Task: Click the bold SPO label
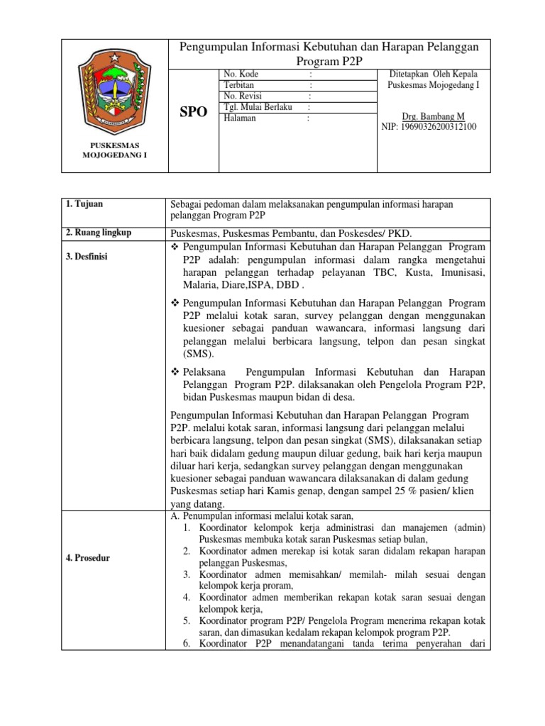point(193,113)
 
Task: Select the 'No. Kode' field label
point(241,74)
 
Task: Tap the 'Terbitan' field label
point(239,85)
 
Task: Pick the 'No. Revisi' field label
point(243,96)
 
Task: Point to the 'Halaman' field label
point(240,118)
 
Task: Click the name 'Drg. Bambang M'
point(433,116)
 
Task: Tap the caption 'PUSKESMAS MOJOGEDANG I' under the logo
point(114,150)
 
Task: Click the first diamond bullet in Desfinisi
point(177,247)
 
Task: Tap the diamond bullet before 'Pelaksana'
point(177,372)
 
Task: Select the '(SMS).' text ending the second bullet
point(199,354)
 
